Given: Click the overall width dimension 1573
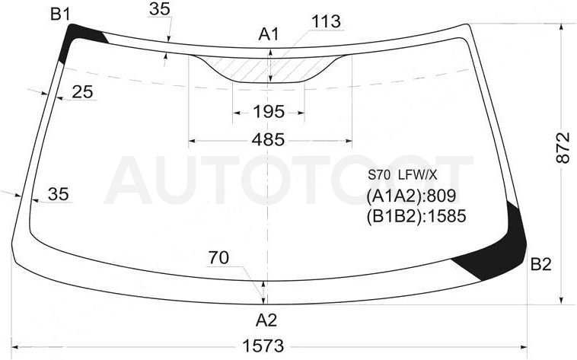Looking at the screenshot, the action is [x=263, y=346].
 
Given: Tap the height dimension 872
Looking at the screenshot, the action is [x=563, y=148].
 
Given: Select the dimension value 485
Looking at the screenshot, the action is [x=268, y=140].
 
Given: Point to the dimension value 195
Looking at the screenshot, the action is [x=269, y=112].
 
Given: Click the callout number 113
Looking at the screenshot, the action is [x=326, y=22].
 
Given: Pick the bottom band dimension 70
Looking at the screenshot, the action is [x=218, y=258].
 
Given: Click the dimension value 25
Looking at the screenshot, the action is [x=82, y=91].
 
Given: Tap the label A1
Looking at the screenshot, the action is [x=269, y=34].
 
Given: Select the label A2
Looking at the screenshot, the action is [x=266, y=320].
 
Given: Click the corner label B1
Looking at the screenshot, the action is [x=60, y=14].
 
